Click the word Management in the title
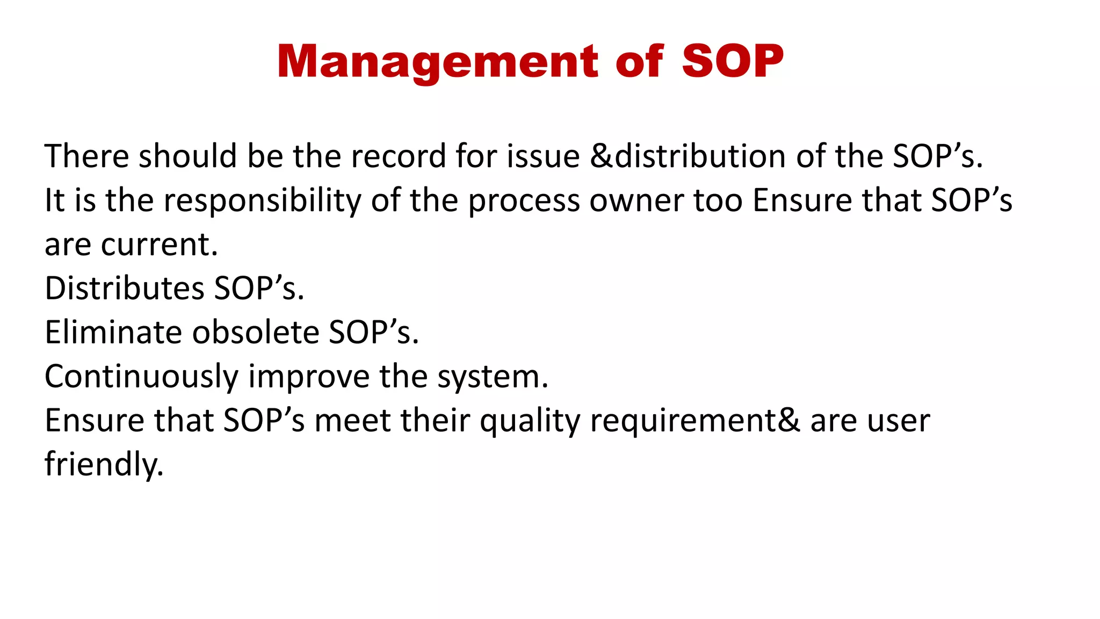pos(437,62)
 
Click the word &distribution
pos(687,156)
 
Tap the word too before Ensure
pos(718,200)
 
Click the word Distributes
pos(124,289)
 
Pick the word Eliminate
pos(113,333)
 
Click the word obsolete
pos(255,333)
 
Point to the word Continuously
pos(141,377)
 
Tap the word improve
pos(309,377)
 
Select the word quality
pos(530,421)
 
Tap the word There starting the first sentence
pos(86,156)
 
